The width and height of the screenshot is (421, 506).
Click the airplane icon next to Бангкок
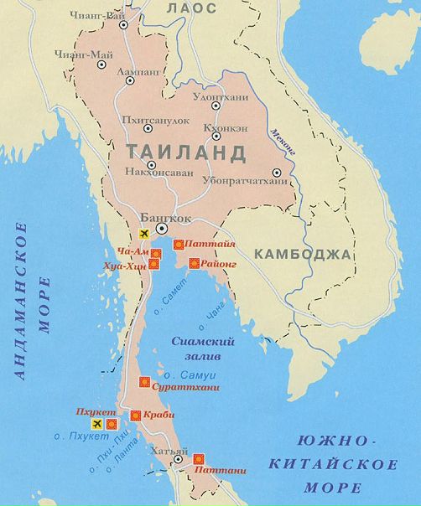(143, 232)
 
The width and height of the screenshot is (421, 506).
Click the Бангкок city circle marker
(162, 228)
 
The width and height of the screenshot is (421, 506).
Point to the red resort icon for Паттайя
(178, 245)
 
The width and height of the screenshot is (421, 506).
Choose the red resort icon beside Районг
(194, 264)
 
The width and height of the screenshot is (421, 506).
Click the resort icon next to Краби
(136, 416)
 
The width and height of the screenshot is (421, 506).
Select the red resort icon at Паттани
(200, 459)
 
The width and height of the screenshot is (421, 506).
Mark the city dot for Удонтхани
(216, 105)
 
